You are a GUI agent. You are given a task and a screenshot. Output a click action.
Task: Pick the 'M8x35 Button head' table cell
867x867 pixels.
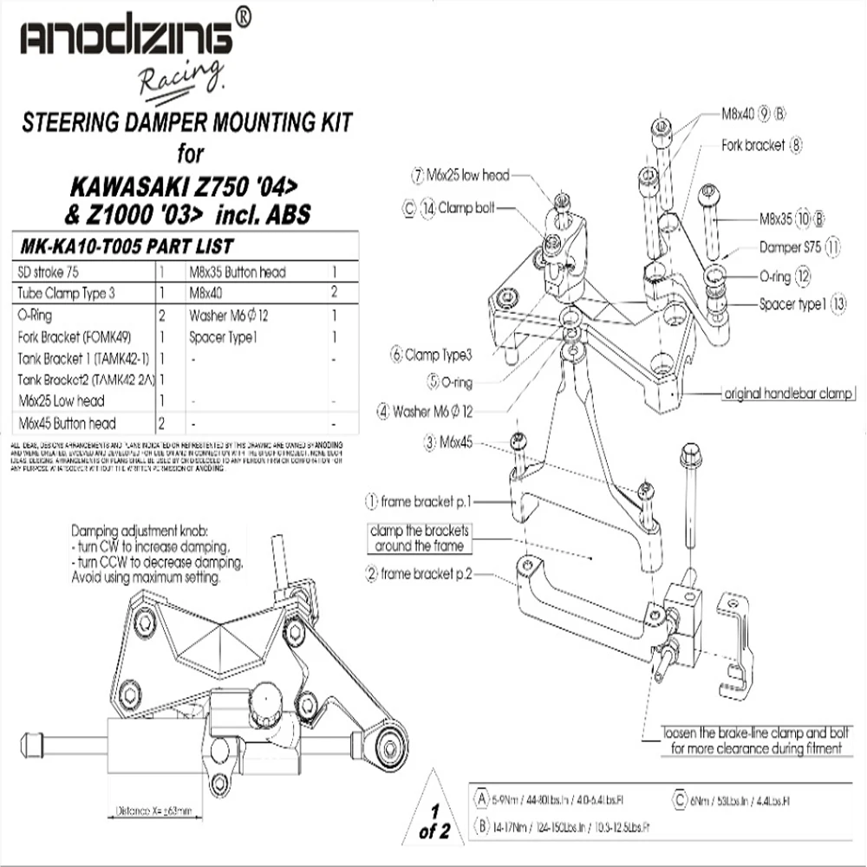coord(237,271)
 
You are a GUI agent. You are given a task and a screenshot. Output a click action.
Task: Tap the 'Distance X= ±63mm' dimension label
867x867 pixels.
coord(154,812)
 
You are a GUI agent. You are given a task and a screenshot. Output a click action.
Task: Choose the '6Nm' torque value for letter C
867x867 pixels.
coord(698,801)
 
